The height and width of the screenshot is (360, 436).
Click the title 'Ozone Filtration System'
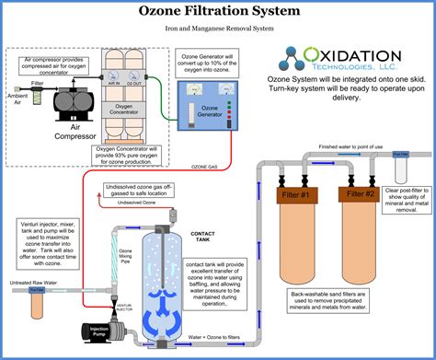click(217, 11)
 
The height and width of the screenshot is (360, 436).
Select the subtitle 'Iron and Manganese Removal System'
click(217, 29)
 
